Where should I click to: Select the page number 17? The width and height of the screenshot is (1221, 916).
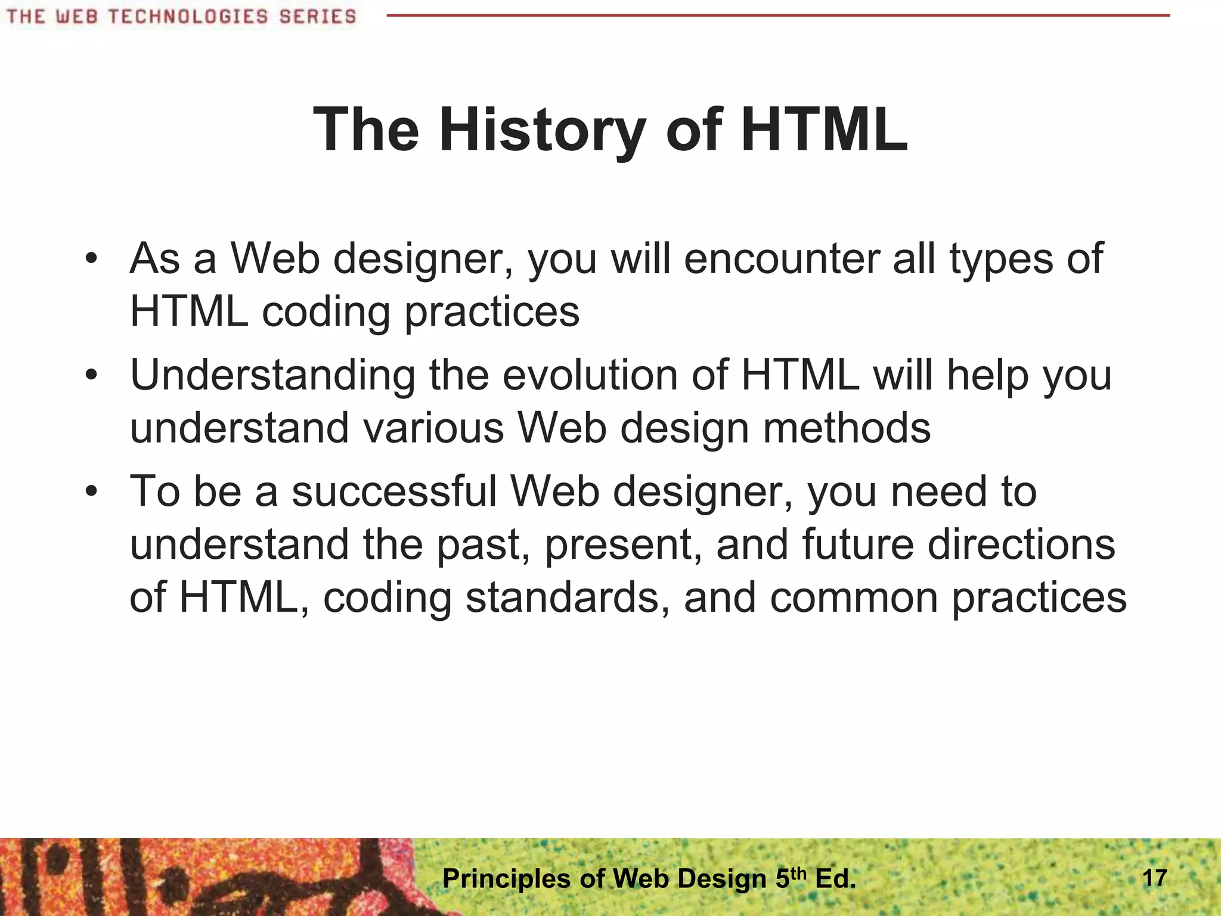coord(1154,878)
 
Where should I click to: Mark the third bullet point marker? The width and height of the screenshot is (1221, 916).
coord(91,492)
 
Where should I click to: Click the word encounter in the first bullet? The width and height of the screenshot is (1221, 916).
coord(781,259)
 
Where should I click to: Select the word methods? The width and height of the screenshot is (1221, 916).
coord(847,428)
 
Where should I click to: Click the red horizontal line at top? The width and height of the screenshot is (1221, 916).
coord(775,16)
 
